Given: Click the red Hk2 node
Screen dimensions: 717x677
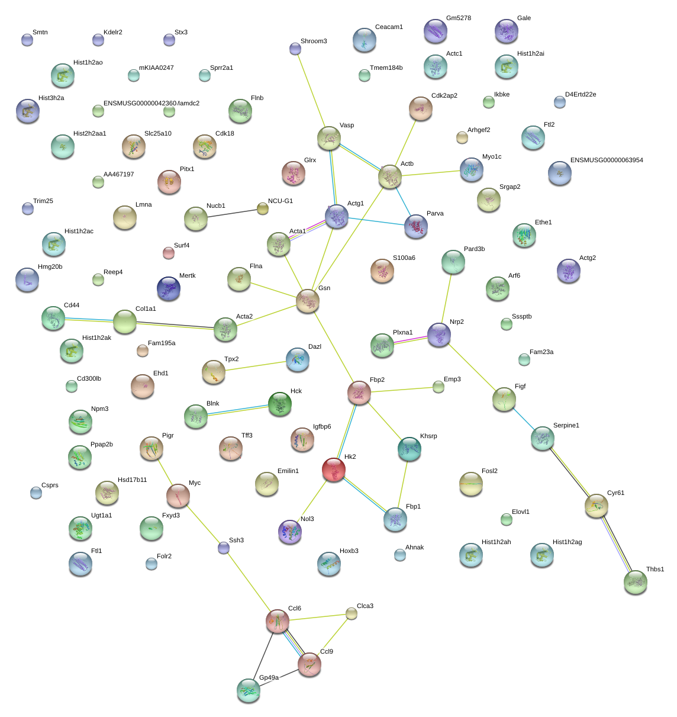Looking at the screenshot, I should pos(334,470).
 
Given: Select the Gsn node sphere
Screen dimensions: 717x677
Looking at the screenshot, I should pos(308,300).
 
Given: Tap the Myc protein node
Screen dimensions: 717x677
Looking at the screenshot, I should pos(178,496).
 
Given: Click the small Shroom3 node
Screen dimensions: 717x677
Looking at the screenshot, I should pos(295,49).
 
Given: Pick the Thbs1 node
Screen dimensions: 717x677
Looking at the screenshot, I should pos(635,582).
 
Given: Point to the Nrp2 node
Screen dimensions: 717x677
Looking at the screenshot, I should pos(439,335).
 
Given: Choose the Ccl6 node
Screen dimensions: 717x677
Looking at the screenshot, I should pos(278,620).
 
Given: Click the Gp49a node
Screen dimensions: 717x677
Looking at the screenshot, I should pos(249,690).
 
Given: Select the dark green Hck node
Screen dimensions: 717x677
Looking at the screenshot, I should pos(279,404).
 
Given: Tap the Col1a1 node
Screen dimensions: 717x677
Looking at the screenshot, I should pos(125,321).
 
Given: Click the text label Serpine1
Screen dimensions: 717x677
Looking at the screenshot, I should pos(566,426).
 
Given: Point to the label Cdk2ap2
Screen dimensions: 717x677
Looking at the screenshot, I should pos(444,96).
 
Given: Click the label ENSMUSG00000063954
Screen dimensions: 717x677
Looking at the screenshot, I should pos(606,160).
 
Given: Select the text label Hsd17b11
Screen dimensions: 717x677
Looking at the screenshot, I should pos(132,480).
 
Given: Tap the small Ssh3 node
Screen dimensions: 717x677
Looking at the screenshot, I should pos(224,548).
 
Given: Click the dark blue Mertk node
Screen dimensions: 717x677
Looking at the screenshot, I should pos(169,288).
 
